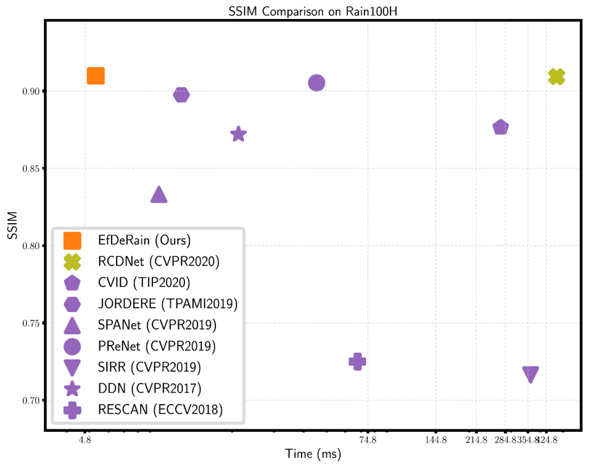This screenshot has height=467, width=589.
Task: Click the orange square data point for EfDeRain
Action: tap(96, 76)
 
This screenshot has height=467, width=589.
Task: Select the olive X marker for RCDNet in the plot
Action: tap(556, 76)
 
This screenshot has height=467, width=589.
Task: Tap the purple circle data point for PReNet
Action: tap(316, 83)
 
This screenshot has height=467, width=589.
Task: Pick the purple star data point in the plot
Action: tap(239, 134)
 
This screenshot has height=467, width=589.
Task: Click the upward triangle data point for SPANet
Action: tap(159, 195)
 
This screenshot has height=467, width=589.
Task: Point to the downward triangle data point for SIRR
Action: tap(530, 374)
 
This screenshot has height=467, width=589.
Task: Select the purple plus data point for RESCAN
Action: tap(357, 361)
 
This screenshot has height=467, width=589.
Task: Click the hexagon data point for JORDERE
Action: tap(181, 94)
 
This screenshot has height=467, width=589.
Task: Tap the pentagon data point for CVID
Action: tap(501, 128)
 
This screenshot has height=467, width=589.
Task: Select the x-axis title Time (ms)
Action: tap(313, 455)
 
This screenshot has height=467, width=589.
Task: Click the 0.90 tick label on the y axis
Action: tap(30, 92)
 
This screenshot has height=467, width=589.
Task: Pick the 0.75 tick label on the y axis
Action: tap(30, 323)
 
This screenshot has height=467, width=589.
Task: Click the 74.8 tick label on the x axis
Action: tap(368, 440)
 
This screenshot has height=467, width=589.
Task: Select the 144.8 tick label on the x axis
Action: tap(435, 440)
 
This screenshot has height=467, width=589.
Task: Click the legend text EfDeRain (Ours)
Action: tap(144, 239)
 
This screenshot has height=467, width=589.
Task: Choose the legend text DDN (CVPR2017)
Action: tap(149, 388)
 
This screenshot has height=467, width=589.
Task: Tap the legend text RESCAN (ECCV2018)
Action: tap(160, 409)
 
